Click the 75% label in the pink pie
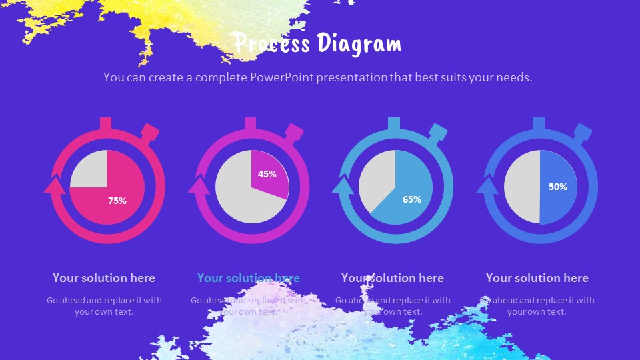pos(117,201)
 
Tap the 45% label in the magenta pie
pos(267,174)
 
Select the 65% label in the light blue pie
pos(412,199)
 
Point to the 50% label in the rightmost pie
pos(558,187)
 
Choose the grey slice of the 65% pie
pos(377,180)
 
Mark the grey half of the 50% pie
pos(521,187)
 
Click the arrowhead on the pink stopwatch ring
pos(54,184)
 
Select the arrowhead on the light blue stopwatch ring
pos(343,184)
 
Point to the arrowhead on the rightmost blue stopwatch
pos(487,184)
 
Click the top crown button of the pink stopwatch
pos(105,124)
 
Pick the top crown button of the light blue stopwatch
pos(394,124)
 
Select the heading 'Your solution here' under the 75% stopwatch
pos(104,278)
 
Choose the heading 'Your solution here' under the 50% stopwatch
pos(537,278)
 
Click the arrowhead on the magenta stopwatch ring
pos(199,184)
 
